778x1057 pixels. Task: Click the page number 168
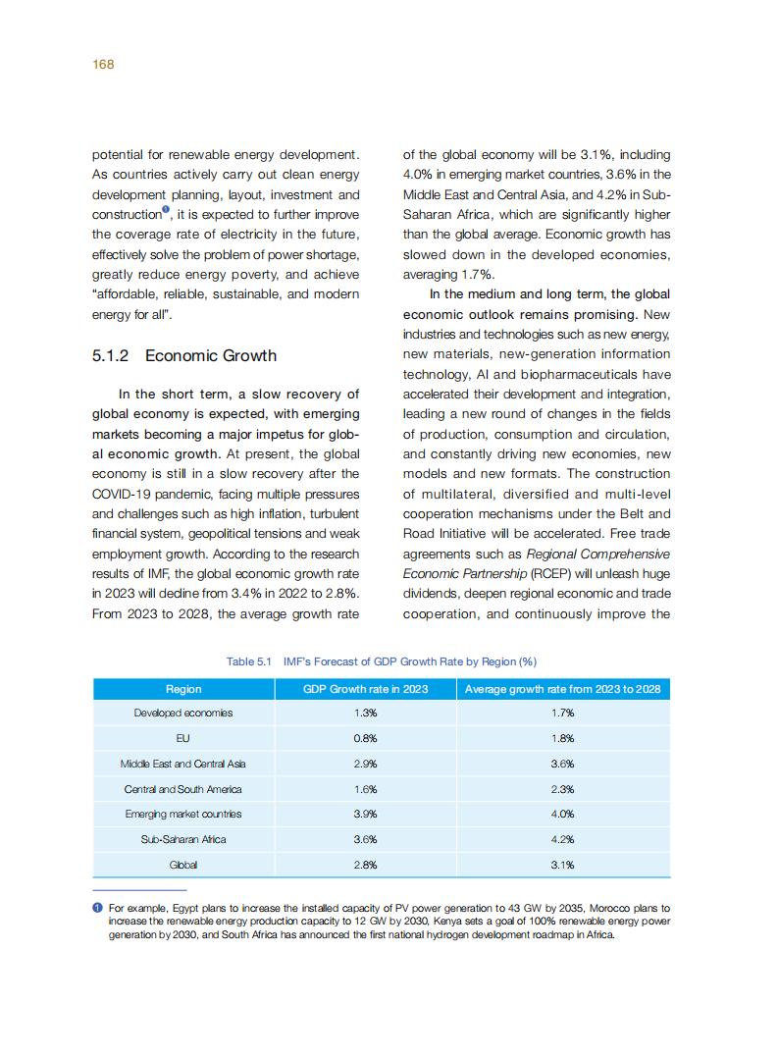[103, 64]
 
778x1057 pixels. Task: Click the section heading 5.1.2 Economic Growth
[184, 355]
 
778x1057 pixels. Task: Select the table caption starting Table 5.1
[382, 661]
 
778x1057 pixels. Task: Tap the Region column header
[183, 689]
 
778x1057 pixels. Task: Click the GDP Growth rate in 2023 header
[365, 689]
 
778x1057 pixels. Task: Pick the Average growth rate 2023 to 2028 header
[562, 689]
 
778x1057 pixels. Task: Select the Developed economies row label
[183, 713]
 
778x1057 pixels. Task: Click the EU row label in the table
[183, 738]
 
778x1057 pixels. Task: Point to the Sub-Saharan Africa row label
[183, 839]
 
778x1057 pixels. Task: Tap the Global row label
[183, 865]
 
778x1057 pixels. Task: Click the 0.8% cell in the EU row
[366, 738]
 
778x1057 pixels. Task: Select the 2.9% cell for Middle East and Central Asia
[366, 764]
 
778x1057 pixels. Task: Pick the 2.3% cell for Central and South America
[562, 789]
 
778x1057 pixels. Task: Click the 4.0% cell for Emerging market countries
[562, 814]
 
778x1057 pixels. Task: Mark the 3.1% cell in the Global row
[562, 865]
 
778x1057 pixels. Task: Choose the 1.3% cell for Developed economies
[366, 713]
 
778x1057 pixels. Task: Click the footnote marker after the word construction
[166, 210]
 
